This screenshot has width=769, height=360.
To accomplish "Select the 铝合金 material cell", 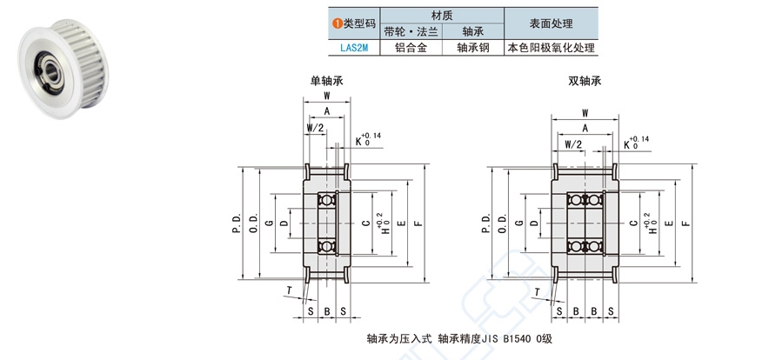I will tap(411, 50).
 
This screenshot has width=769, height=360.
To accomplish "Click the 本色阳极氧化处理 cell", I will tap(552, 50).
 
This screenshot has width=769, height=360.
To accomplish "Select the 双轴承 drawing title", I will tap(585, 81).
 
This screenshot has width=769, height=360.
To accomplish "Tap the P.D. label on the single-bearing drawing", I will tap(236, 223).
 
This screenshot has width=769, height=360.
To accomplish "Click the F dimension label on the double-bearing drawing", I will tap(685, 223).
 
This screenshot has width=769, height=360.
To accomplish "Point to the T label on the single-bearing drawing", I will tap(289, 291).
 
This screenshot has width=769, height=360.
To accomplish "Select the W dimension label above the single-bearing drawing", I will tap(326, 95).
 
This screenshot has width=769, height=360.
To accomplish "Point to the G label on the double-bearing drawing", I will tap(519, 223).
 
